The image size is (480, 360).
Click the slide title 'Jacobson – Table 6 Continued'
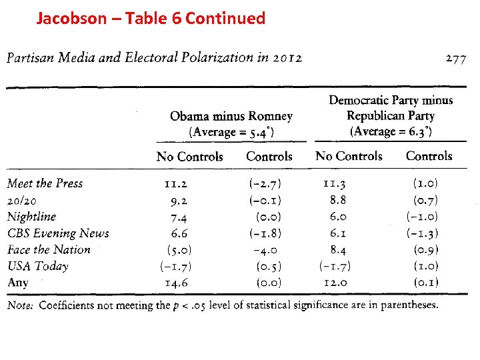151,18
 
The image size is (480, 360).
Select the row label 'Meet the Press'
45,183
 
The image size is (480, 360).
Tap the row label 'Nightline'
31,216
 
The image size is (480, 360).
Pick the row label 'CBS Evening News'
58,233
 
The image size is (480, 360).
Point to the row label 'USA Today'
38,266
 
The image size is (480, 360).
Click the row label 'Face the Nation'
49,249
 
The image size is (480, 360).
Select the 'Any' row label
18,282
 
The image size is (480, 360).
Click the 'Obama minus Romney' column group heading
231,116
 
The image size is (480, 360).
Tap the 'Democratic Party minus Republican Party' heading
391,107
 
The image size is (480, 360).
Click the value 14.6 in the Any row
176,283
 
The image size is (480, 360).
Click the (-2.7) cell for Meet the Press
265,183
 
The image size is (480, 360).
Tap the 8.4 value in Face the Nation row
338,249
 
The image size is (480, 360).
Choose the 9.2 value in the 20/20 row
179,199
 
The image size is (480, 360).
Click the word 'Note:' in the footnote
21,305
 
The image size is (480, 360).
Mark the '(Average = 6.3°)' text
391,131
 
